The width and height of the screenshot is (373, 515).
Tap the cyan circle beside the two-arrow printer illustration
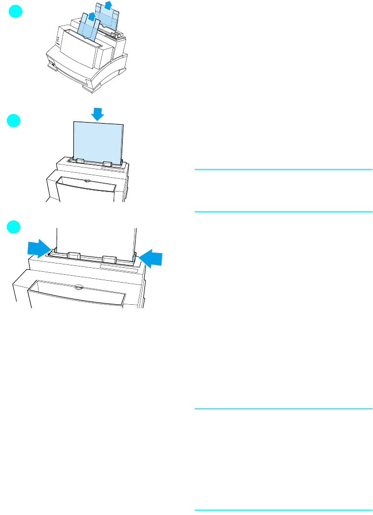16,227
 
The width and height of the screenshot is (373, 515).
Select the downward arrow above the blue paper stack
98,114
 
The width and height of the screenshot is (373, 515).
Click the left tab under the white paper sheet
74,255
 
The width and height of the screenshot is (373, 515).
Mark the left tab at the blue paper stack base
80,161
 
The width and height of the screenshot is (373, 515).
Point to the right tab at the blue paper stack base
108,162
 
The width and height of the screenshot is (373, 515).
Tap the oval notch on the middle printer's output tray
87,181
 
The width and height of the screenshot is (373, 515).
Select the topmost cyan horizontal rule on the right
283,170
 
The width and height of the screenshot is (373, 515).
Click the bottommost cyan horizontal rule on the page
283,510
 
